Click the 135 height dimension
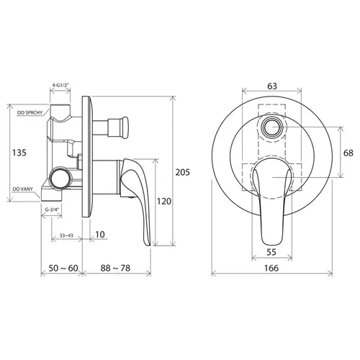click(19, 153)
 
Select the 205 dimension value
click(183, 172)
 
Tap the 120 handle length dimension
click(164, 201)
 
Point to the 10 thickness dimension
click(100, 234)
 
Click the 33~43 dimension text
click(66, 235)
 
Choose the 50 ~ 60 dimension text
click(63, 268)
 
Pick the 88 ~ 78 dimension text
click(115, 268)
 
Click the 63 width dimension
click(272, 86)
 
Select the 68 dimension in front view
click(348, 153)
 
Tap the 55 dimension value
click(271, 252)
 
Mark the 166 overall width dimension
click(271, 268)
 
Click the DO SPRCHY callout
click(30, 112)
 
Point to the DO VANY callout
click(23, 189)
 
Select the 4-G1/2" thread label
click(60, 85)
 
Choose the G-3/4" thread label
click(52, 210)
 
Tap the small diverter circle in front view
click(272, 127)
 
